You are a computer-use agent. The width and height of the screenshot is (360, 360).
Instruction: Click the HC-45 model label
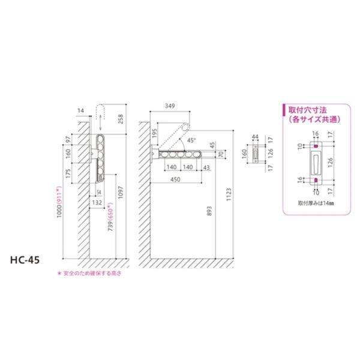(26, 262)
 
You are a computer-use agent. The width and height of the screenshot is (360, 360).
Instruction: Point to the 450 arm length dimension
(175, 179)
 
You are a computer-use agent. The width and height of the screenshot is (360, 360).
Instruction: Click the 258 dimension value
(120, 119)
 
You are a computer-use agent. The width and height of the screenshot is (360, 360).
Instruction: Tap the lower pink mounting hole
(314, 179)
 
